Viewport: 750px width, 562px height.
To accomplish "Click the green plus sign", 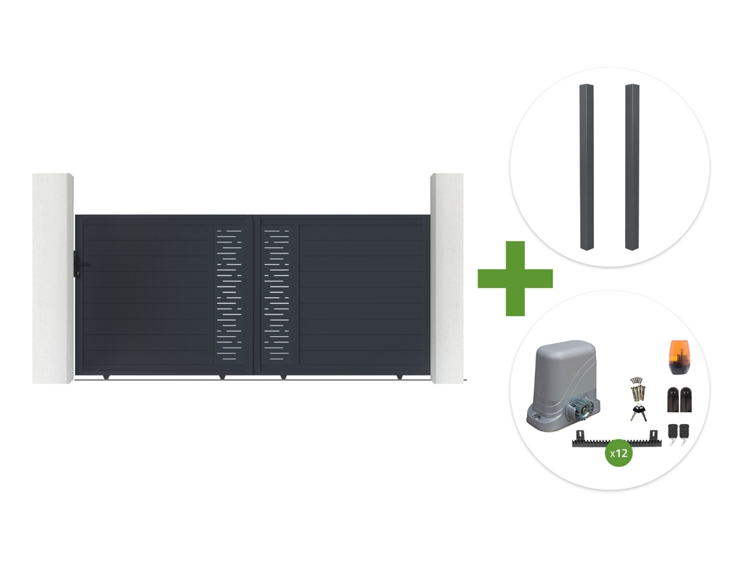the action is (515, 278).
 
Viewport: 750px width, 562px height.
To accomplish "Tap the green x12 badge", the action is (619, 453).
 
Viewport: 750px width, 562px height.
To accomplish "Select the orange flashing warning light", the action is (680, 358).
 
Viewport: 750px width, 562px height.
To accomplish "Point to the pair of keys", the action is (639, 413).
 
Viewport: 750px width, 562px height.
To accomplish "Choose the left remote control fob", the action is (672, 433).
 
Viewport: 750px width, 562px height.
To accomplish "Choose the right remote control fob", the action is (684, 433).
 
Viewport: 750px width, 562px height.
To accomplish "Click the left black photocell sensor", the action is (673, 400).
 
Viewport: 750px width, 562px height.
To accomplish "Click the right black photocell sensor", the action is (686, 400).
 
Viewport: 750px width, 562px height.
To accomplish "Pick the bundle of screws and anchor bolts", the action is (637, 390).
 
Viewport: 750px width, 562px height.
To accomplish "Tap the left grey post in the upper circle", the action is (586, 167).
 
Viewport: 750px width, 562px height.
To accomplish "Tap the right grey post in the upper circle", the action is (632, 167).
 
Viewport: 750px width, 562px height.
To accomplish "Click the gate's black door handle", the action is (80, 264).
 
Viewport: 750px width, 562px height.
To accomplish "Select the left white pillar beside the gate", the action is (53, 278).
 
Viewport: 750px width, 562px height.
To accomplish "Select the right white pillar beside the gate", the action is (447, 278).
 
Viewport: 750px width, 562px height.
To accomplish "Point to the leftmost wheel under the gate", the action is (106, 377).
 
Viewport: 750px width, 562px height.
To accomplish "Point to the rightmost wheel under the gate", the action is (400, 377).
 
